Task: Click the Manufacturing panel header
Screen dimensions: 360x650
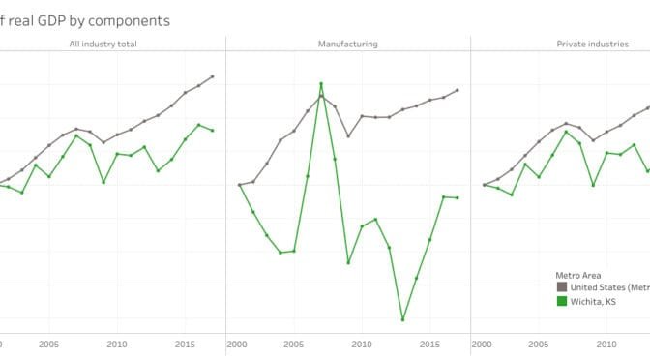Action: [347, 45]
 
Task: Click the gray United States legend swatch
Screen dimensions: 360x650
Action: [561, 287]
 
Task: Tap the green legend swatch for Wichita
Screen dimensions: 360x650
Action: [561, 302]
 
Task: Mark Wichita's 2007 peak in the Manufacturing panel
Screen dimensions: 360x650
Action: [321, 84]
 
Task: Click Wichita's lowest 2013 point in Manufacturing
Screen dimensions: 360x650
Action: [402, 319]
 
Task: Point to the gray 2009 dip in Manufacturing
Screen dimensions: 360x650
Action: [348, 136]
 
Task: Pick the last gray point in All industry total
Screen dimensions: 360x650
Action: [213, 76]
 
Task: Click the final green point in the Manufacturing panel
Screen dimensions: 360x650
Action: [458, 197]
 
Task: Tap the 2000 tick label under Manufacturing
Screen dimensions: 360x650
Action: [239, 344]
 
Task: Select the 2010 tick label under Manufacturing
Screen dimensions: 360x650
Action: [362, 344]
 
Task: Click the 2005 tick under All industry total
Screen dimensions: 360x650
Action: [49, 344]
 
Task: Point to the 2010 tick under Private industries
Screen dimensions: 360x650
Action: [606, 344]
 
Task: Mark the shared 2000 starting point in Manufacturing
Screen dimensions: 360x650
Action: [239, 184]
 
